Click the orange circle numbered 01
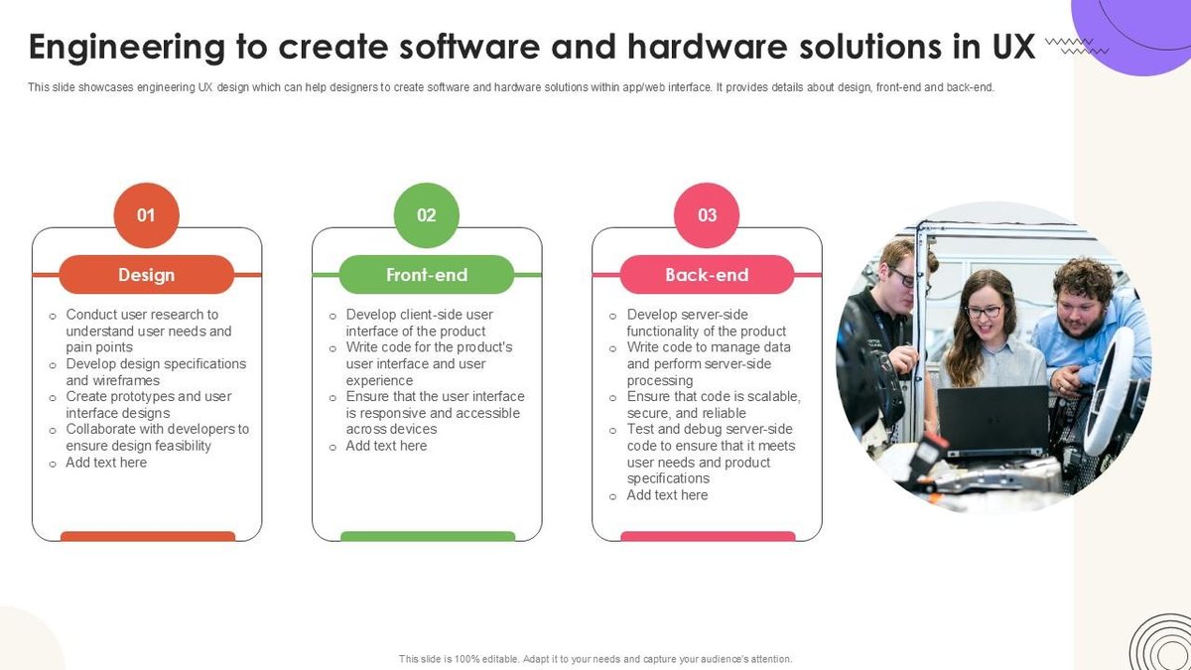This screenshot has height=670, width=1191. tap(146, 214)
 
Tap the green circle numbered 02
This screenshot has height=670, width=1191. tap(427, 214)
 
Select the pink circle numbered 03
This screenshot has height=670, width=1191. tap(707, 214)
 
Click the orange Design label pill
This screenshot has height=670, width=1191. tap(147, 275)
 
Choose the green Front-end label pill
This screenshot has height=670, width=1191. tap(427, 275)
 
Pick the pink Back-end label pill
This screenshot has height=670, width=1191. tap(707, 275)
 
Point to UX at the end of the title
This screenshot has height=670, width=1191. tap(1011, 47)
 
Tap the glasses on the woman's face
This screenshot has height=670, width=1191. tap(984, 311)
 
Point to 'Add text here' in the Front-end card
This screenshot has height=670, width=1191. tap(386, 446)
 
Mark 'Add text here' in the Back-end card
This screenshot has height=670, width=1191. tap(667, 494)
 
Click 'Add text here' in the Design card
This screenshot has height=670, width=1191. tap(106, 462)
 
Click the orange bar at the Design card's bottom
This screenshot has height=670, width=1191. tap(148, 536)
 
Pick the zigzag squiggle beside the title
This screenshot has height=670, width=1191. tap(1070, 45)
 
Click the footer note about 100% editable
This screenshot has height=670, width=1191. tap(595, 658)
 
